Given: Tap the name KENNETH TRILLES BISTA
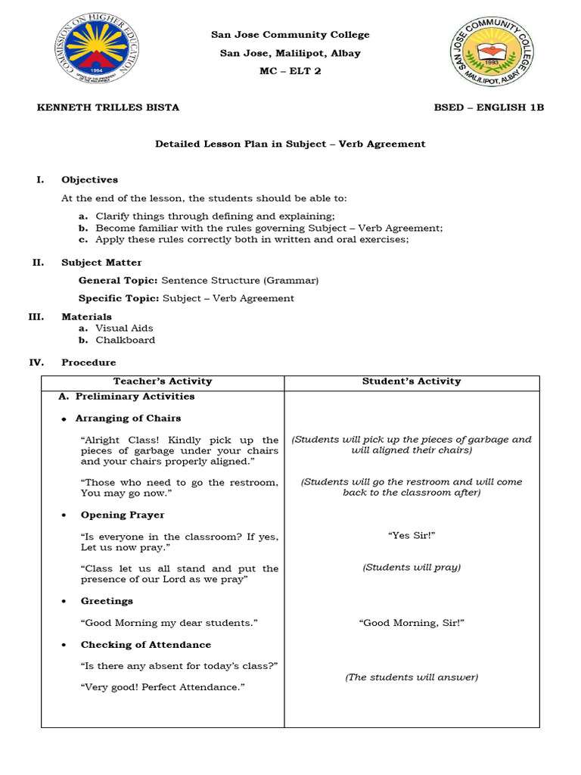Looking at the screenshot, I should (x=108, y=107).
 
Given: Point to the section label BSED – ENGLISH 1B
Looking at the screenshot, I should (x=489, y=107).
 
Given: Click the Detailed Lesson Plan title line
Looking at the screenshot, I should (x=290, y=144).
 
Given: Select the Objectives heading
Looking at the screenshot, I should (x=89, y=180).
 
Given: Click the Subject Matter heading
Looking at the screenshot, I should (x=101, y=263).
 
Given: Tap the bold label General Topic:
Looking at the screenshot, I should (x=119, y=280).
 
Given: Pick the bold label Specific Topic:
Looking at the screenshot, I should (x=119, y=298).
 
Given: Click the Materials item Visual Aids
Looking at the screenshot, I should (x=124, y=328).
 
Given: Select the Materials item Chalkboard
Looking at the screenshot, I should (x=125, y=340).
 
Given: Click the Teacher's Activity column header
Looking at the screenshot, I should (x=163, y=381).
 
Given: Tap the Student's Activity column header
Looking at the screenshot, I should (x=412, y=381).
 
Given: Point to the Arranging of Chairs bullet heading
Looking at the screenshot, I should (x=128, y=418).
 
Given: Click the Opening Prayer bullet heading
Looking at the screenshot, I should (x=123, y=515).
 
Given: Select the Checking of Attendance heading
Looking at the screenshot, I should (x=146, y=645).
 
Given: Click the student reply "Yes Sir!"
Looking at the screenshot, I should (x=412, y=536).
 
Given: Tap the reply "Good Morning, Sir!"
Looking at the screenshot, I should (x=412, y=623).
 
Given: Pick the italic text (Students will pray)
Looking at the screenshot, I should (x=412, y=567).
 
